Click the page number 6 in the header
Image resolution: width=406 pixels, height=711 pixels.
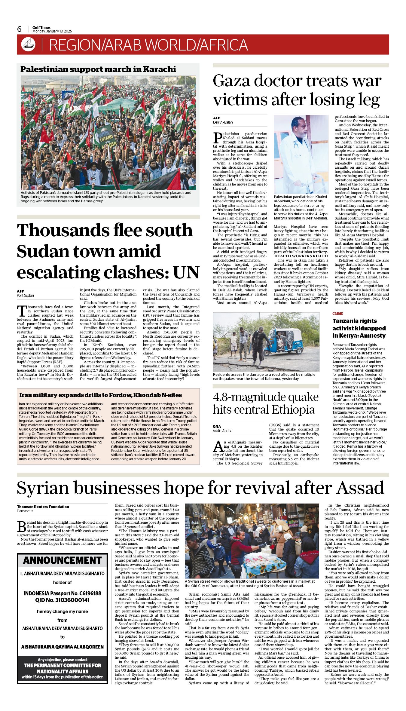(20, 29)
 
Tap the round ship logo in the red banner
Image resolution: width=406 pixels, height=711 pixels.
(28, 44)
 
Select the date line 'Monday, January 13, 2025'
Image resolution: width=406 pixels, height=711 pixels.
(52, 31)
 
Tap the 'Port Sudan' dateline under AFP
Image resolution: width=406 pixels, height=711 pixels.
(25, 295)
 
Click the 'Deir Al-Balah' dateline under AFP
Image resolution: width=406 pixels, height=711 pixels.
(223, 122)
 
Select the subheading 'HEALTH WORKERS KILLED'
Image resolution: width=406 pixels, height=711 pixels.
(301, 256)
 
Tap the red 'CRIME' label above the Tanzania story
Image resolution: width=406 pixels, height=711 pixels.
(337, 314)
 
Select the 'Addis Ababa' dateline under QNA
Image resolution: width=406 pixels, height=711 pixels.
(222, 431)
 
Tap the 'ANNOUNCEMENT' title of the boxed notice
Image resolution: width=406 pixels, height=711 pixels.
(63, 560)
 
